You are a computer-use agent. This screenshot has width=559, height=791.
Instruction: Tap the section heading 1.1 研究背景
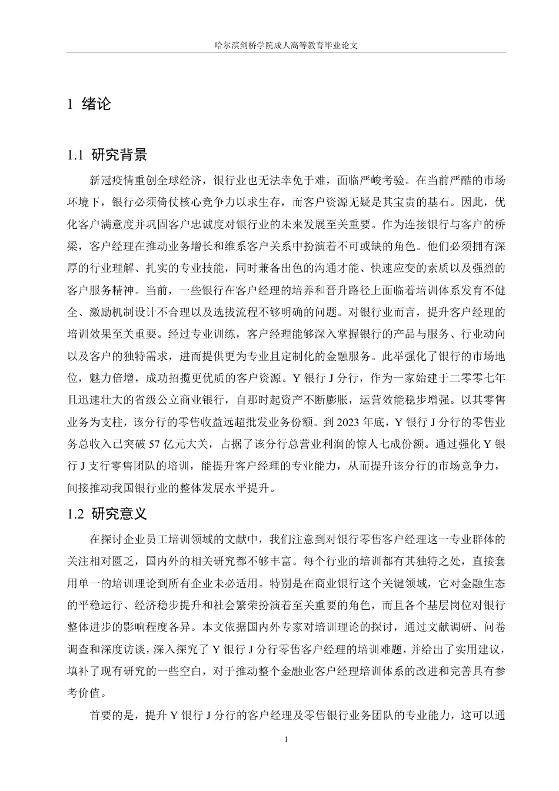(x=108, y=155)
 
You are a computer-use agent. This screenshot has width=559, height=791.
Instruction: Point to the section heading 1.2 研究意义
(x=108, y=514)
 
